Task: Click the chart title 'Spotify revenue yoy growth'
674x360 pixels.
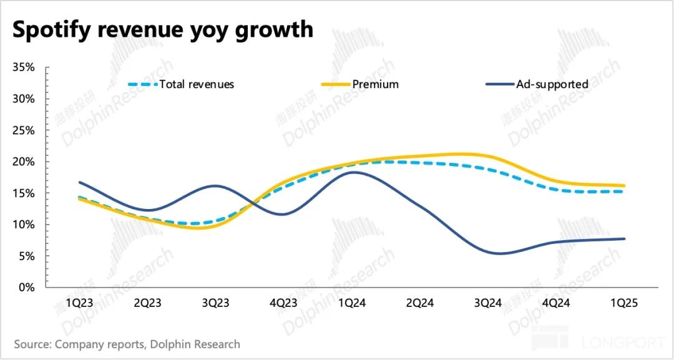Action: pyautogui.click(x=162, y=29)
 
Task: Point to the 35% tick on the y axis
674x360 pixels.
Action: pyautogui.click(x=24, y=67)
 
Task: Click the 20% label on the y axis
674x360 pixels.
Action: pyautogui.click(x=24, y=162)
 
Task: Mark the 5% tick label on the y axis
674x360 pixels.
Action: pyautogui.click(x=27, y=256)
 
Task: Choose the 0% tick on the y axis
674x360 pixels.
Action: pyautogui.click(x=27, y=288)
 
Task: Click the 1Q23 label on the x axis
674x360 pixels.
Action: pyautogui.click(x=80, y=304)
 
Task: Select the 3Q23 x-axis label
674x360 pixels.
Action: pyautogui.click(x=215, y=304)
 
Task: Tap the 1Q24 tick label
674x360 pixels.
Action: pyautogui.click(x=353, y=304)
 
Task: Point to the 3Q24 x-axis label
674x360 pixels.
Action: pyautogui.click(x=488, y=304)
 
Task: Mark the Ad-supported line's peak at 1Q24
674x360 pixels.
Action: pyautogui.click(x=354, y=172)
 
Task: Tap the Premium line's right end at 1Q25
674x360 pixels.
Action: pyautogui.click(x=624, y=185)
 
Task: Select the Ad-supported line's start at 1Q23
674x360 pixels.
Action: pyautogui.click(x=79, y=182)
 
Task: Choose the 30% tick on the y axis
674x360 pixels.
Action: pyautogui.click(x=24, y=99)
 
